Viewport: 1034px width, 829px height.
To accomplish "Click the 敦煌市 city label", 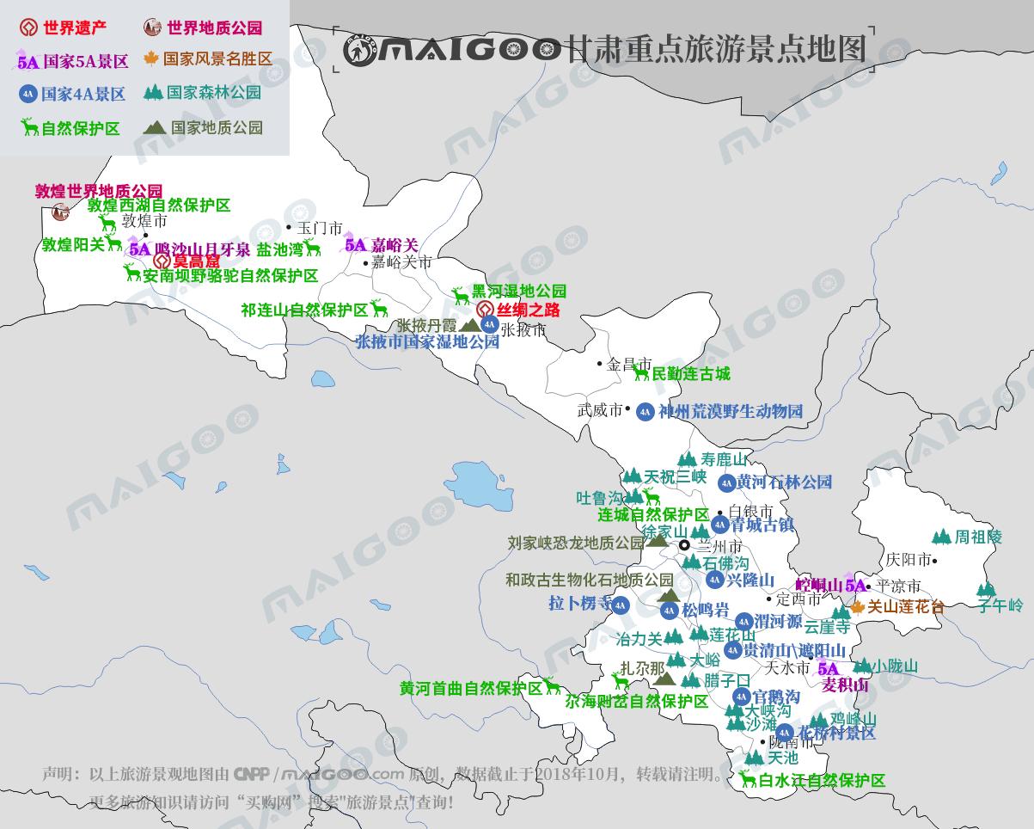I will tap(144, 221).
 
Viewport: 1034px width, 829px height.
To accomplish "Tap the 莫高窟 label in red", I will tap(197, 261).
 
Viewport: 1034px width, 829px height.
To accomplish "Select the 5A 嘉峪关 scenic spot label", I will tap(382, 245).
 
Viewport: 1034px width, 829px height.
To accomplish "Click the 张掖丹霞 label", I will tap(425, 326).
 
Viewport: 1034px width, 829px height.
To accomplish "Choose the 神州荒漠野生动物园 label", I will tap(731, 412).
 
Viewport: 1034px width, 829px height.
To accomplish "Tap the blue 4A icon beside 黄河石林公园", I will tap(726, 483).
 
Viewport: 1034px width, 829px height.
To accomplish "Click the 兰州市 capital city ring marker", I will tap(684, 545).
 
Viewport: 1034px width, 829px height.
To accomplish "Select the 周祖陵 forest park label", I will tap(978, 537).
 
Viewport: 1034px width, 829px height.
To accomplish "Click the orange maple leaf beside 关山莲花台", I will tap(857, 607).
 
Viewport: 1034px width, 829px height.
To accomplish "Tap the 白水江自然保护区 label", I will tap(822, 781).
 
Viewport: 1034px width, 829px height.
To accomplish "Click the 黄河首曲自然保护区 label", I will tap(471, 688).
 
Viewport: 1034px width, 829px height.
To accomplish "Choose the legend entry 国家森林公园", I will tap(214, 93).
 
